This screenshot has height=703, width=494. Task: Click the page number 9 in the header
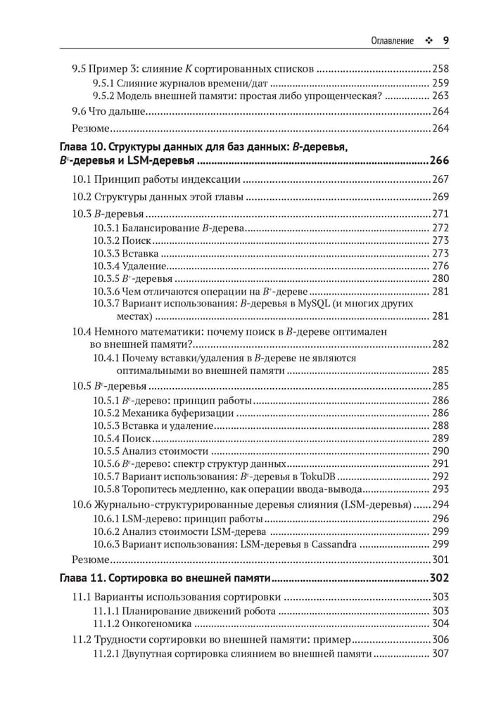446,41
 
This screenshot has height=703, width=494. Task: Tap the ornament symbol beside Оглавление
427,41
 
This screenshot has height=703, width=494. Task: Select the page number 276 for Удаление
441,266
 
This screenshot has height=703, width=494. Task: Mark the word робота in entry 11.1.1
259,611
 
